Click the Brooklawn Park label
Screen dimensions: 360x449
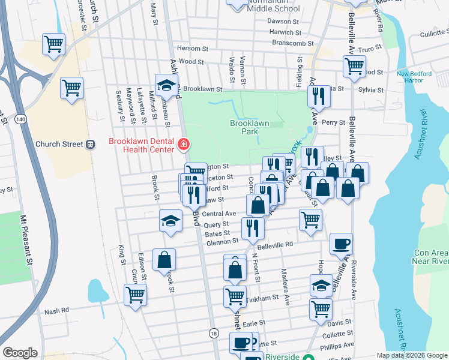pyautogui.click(x=249, y=127)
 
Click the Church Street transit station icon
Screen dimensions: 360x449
pyautogui.click(x=91, y=144)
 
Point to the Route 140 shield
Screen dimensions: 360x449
pyautogui.click(x=20, y=120)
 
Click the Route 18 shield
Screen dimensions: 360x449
pyautogui.click(x=214, y=333)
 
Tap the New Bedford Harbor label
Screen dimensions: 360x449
pyautogui.click(x=418, y=77)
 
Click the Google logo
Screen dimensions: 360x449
pyautogui.click(x=20, y=353)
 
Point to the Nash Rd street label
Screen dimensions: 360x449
pyautogui.click(x=56, y=310)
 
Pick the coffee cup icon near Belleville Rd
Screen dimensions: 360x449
pyautogui.click(x=342, y=244)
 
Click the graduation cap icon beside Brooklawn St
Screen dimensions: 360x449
pyautogui.click(x=166, y=85)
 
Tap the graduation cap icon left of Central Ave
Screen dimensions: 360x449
pyautogui.click(x=170, y=220)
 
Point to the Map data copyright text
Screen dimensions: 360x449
pyautogui.click(x=412, y=355)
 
